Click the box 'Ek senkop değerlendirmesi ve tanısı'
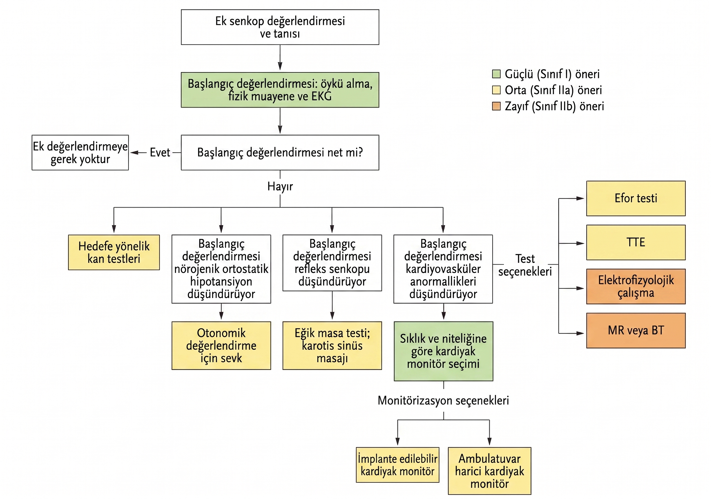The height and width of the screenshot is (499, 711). [280, 27]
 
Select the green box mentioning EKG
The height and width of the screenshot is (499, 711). [280, 90]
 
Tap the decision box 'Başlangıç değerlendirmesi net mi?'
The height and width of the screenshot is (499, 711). [280, 152]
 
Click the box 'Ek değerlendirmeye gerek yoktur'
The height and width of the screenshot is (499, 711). [80, 152]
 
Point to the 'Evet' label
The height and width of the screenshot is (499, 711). [160, 152]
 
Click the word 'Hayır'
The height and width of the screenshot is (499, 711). [280, 187]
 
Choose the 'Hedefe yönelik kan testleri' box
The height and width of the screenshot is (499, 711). [114, 252]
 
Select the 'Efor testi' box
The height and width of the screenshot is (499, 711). [636, 198]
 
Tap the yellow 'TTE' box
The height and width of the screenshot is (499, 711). [636, 242]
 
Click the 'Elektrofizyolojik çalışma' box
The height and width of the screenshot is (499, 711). [636, 286]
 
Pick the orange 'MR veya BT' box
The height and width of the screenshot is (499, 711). [636, 330]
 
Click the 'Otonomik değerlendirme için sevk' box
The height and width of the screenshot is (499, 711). [221, 345]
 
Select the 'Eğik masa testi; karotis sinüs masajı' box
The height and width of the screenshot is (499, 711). [332, 345]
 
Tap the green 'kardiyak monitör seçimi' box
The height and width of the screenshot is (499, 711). [444, 351]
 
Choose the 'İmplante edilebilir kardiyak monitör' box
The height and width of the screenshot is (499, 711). [398, 465]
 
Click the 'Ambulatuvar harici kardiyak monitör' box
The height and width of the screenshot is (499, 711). [489, 471]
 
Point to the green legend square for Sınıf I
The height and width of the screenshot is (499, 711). [496, 74]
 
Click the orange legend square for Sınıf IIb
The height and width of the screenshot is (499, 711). [496, 106]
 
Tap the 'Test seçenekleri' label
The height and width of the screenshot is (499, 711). [525, 265]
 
